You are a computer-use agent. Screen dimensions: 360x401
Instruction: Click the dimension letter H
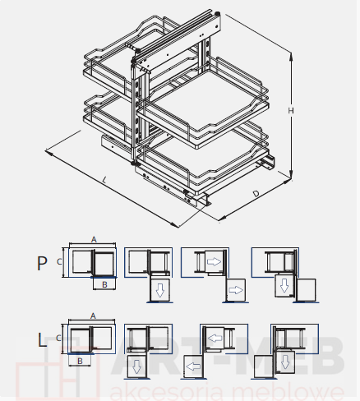(x=291, y=110)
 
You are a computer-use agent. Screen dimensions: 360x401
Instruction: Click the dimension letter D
(x=256, y=194)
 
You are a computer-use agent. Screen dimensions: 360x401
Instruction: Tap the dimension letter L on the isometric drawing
(x=104, y=180)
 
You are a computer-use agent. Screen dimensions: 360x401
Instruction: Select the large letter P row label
(x=42, y=264)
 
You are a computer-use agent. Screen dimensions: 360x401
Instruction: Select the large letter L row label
(x=42, y=340)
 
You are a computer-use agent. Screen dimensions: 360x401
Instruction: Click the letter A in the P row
(x=94, y=240)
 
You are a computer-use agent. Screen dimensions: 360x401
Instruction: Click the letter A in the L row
(x=93, y=316)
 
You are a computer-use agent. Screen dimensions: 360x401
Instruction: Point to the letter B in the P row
(x=104, y=285)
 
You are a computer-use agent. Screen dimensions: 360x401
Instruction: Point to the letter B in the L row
(x=80, y=361)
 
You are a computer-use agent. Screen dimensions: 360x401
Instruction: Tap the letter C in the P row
(x=59, y=262)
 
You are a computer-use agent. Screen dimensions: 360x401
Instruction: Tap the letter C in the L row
(x=58, y=339)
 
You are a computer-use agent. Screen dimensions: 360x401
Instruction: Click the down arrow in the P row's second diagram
(x=160, y=290)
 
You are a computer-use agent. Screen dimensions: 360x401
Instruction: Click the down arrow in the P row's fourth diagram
(x=284, y=285)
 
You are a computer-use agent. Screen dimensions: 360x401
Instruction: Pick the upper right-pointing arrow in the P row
(x=215, y=261)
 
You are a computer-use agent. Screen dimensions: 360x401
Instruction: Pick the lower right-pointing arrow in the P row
(x=236, y=290)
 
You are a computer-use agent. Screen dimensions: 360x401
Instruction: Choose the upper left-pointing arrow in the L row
(x=215, y=338)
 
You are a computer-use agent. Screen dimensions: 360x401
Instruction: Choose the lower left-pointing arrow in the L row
(x=193, y=366)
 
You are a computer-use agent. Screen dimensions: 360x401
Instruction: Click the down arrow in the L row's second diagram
(x=136, y=367)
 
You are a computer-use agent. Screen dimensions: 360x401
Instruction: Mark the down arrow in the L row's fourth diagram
(x=285, y=362)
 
